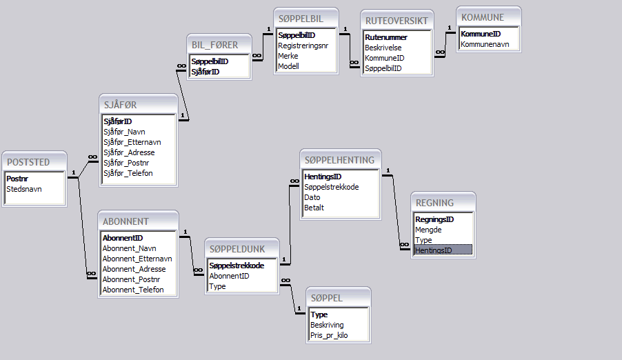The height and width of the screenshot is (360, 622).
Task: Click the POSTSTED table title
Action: (28, 162)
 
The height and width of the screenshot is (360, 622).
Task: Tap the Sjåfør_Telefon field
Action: (128, 173)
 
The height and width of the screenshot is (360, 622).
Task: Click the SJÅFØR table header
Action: (120, 105)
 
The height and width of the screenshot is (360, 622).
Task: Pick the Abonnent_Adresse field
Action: (134, 269)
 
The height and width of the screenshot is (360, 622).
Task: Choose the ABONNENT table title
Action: (126, 221)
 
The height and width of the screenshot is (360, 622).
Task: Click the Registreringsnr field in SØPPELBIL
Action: (303, 46)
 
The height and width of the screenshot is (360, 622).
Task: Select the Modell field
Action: (288, 66)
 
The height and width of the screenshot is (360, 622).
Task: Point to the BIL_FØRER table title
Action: (215, 45)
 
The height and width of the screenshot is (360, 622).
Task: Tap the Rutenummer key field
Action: (385, 37)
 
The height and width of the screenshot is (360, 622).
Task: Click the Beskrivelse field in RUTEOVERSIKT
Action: (383, 48)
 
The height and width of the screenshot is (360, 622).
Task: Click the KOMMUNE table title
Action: (483, 17)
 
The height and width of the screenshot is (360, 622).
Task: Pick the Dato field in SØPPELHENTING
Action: (312, 197)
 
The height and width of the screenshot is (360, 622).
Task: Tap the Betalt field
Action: (314, 208)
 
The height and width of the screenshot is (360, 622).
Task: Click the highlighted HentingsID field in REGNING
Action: (433, 250)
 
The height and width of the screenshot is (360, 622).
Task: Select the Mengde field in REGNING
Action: (428, 230)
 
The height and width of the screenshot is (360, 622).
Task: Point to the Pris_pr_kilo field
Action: (329, 335)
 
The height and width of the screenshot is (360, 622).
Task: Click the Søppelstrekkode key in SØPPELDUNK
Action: (237, 266)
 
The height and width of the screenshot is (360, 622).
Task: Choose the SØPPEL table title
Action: (327, 298)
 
